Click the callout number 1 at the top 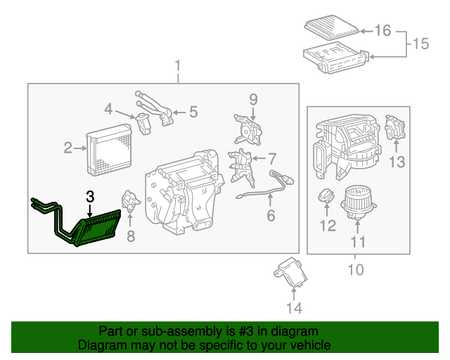click(x=177, y=67)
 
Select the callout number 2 click(x=68, y=148)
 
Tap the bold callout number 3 click(x=90, y=198)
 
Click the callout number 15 click(x=420, y=44)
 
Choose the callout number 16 click(x=382, y=30)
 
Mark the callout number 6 click(x=271, y=216)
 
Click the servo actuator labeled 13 click(x=396, y=129)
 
